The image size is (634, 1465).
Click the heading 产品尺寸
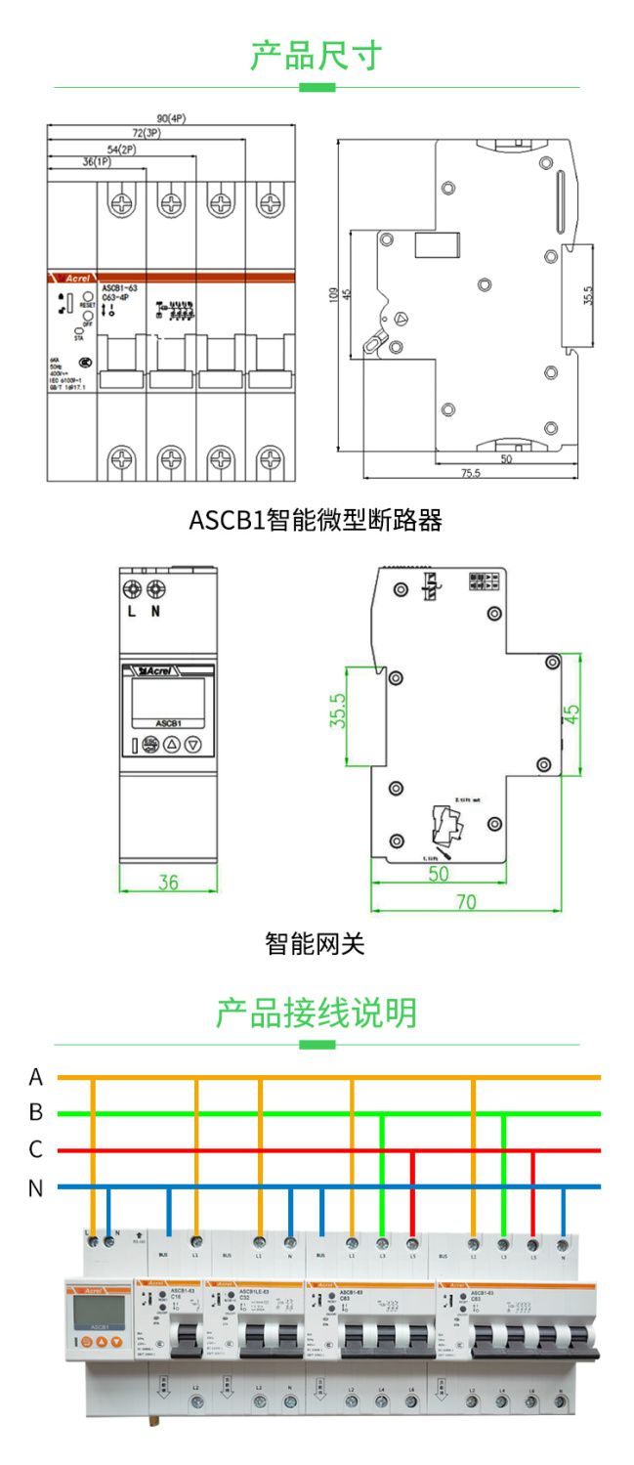316,56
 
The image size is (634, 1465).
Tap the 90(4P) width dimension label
171,118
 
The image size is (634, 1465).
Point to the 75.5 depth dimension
471,473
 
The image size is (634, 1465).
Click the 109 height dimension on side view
335,295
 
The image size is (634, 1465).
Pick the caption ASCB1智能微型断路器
316,520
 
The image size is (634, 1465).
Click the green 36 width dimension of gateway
169,882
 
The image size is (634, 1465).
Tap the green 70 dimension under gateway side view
467,902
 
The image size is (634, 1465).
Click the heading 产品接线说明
316,1013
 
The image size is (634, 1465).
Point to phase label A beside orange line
36,1077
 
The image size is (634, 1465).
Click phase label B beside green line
36,1112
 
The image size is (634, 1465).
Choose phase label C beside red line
36,1149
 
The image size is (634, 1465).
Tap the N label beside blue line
36,1188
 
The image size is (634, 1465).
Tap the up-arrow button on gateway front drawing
171,745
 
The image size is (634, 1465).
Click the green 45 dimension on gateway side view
571,714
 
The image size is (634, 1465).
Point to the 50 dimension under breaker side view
506,458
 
